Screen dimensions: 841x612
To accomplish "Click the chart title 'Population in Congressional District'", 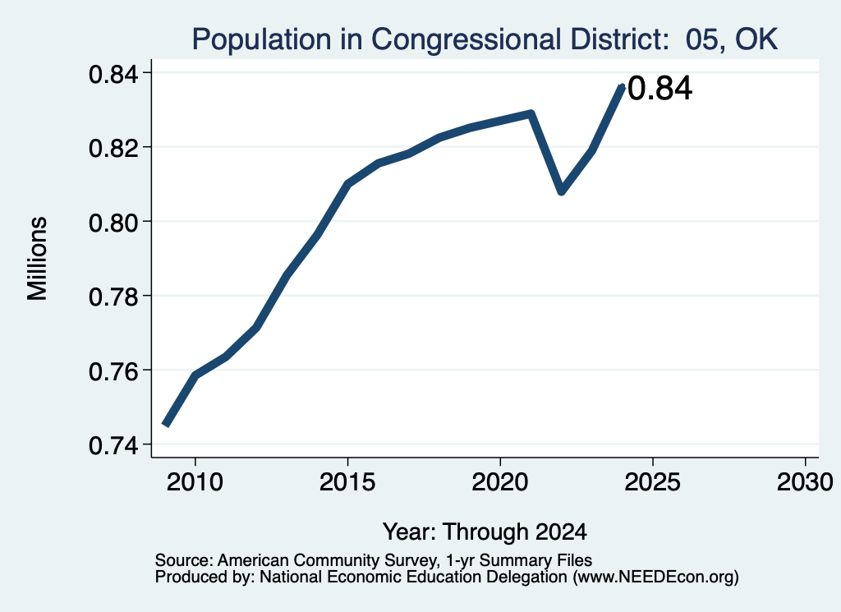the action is (x=429, y=40).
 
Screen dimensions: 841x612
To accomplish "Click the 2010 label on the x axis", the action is (x=195, y=482).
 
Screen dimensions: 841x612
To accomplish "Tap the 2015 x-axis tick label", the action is (x=347, y=482).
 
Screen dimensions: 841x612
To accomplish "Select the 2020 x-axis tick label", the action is (x=500, y=482).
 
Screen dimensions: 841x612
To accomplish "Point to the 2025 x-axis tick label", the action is (x=653, y=482).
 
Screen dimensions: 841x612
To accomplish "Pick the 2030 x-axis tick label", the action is (x=805, y=482).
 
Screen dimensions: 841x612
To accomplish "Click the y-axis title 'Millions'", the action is (x=37, y=258).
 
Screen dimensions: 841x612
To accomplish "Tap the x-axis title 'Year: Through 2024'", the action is (x=485, y=532).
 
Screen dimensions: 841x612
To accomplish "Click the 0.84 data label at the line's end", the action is (x=659, y=89).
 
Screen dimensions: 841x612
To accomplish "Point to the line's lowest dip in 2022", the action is (x=562, y=191).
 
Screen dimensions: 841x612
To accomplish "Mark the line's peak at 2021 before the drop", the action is (x=531, y=113).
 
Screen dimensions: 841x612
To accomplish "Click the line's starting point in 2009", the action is (x=166, y=424).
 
